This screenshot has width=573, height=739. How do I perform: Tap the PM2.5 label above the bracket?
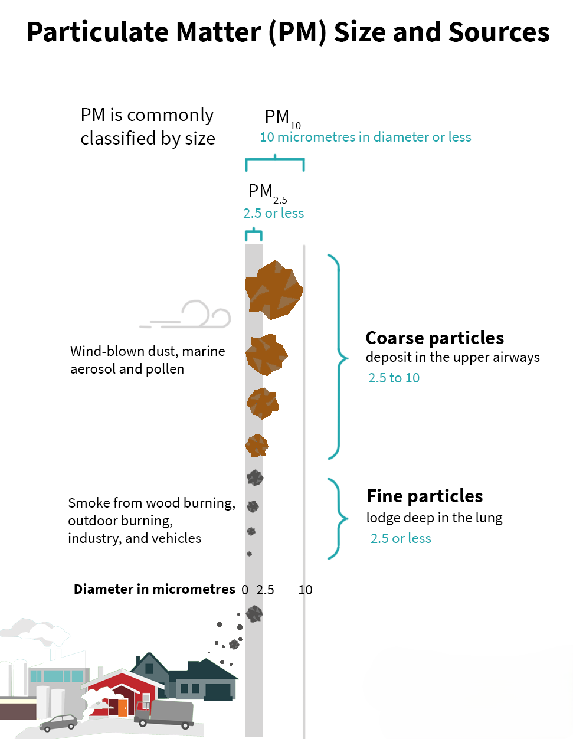coord(266,192)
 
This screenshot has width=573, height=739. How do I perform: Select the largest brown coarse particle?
coord(274,290)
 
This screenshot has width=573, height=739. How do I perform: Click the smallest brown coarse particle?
coord(257,445)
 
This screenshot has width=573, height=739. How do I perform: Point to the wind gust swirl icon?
coord(195,315)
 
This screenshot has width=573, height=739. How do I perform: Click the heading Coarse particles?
coord(434,338)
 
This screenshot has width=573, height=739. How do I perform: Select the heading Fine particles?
coord(424,496)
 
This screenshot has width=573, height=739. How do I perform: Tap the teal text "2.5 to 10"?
coord(394,378)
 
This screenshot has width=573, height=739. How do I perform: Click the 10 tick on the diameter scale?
coord(305,590)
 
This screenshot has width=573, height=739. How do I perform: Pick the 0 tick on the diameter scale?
coord(245,590)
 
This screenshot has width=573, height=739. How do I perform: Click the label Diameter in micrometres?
coord(154,589)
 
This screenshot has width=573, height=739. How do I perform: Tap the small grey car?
coord(58,722)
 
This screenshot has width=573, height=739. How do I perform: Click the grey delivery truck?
coord(165,714)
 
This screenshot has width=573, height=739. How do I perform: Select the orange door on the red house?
coord(122,707)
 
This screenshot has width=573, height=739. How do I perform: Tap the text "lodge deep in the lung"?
coord(434,518)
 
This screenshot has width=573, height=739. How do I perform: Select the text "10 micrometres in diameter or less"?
coord(365,138)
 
